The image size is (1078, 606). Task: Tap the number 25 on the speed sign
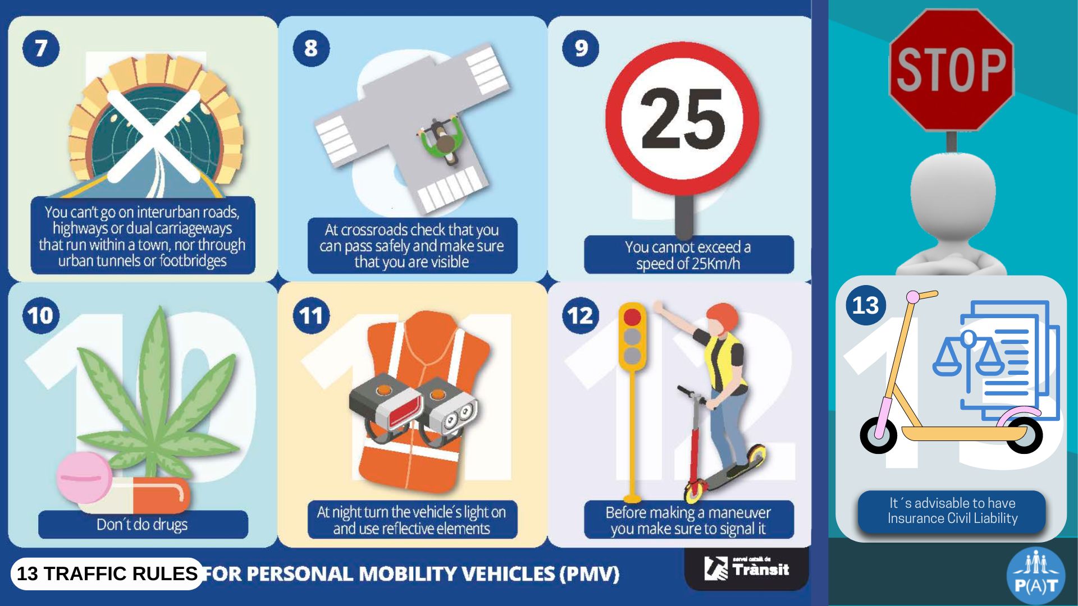tap(683, 119)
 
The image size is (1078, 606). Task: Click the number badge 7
tap(41, 48)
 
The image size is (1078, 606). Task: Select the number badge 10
tap(41, 315)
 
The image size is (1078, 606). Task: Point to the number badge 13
tap(865, 305)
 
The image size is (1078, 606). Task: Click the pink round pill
tap(85, 478)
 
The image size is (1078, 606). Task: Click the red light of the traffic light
tap(632, 318)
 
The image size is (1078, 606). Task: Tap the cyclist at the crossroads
tap(443, 140)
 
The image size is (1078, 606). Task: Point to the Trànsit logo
tap(746, 568)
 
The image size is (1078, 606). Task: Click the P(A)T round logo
tap(1036, 576)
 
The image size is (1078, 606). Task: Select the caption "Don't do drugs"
tap(142, 525)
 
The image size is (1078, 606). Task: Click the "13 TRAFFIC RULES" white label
tap(107, 573)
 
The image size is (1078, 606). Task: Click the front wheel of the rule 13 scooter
tap(879, 435)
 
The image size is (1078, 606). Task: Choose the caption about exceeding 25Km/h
tap(688, 255)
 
